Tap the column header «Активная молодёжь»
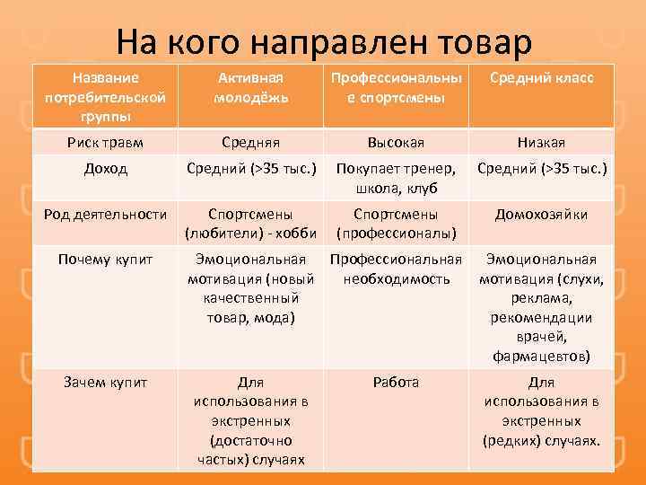[x=251, y=88]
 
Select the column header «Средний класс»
[x=541, y=78]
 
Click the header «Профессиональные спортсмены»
[x=396, y=88]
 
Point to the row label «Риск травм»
[x=105, y=142]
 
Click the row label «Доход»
[x=105, y=168]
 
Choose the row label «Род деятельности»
[x=105, y=215]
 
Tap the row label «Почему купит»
[x=105, y=260]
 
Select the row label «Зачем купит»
[x=105, y=382]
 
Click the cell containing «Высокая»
[x=396, y=142]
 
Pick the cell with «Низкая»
[x=541, y=142]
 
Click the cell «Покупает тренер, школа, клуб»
[x=396, y=178]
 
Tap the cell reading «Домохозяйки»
[x=541, y=215]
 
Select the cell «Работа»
[x=396, y=382]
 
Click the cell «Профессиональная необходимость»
[x=396, y=269]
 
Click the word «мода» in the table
[x=283, y=316]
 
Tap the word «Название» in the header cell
[x=105, y=78]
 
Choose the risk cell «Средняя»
[x=251, y=142]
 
